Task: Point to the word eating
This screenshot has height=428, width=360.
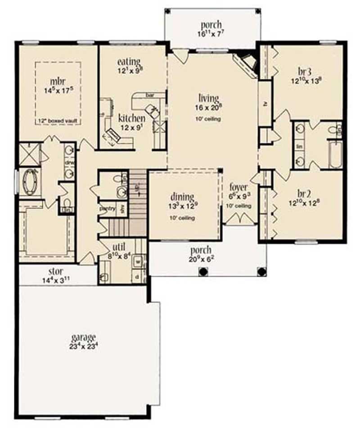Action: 129,61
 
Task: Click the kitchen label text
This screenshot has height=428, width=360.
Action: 131,118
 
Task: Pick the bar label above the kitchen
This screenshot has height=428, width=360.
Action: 149,95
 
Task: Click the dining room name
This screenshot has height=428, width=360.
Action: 182,197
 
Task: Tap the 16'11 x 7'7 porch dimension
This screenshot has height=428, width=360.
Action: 211,33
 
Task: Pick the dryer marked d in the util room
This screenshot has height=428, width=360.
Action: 138,277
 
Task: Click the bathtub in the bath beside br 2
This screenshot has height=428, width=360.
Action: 335,155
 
